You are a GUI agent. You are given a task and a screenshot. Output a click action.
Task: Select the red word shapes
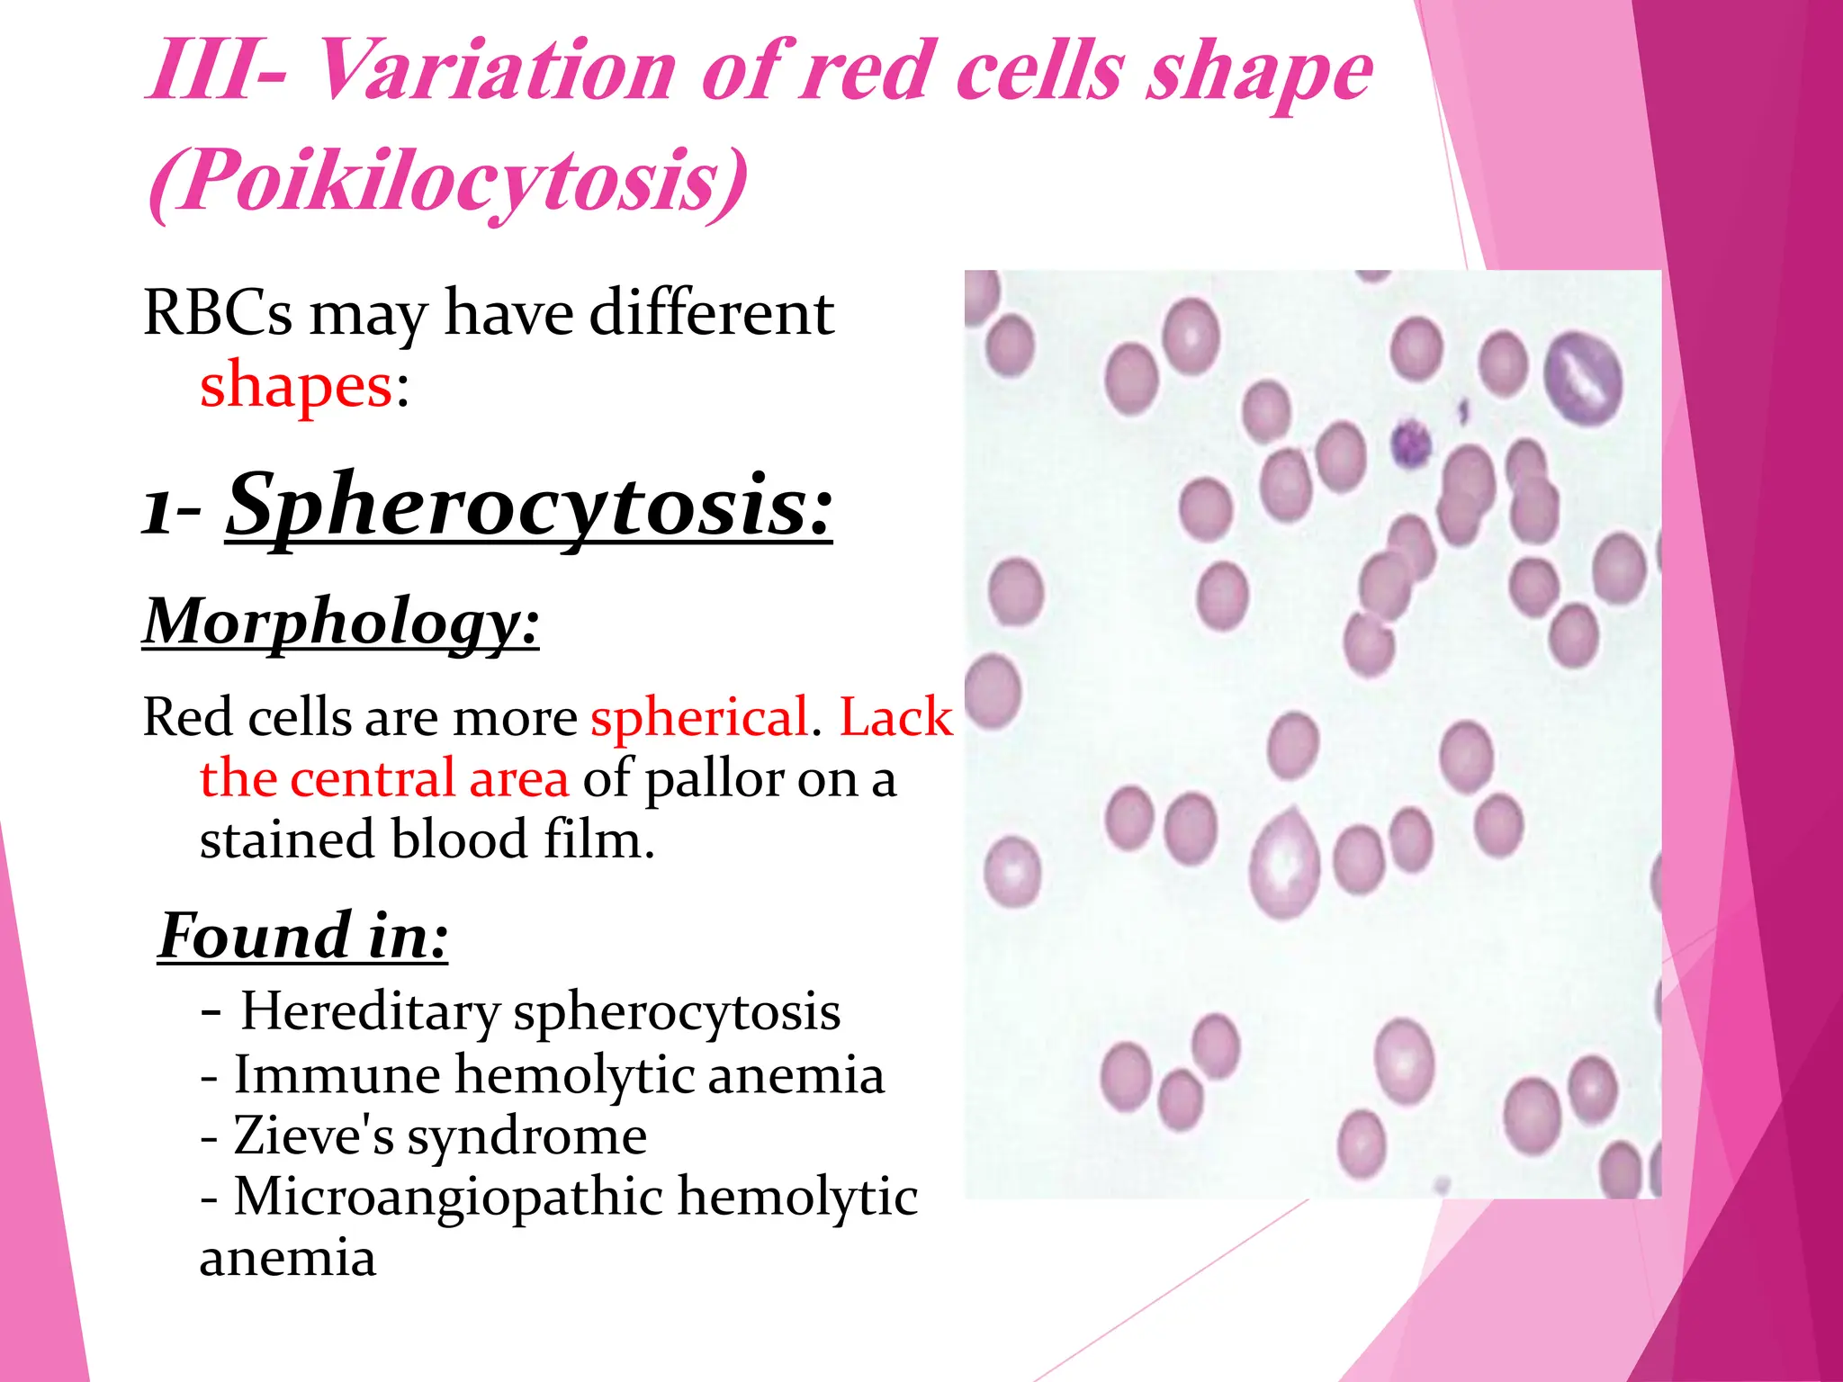296,385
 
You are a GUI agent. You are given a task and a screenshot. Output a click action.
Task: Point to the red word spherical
699,718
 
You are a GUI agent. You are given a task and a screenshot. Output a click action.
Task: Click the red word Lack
895,718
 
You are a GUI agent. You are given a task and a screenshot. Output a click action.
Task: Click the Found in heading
303,936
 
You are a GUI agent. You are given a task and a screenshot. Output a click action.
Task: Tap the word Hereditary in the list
370,1011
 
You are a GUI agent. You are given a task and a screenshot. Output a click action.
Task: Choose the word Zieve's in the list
314,1135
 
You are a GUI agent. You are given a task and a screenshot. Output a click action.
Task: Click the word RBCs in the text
218,313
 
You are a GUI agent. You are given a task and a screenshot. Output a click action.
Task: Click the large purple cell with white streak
1583,379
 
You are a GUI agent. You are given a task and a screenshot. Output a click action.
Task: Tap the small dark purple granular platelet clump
1410,444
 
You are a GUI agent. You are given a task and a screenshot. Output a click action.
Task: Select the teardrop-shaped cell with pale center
1284,866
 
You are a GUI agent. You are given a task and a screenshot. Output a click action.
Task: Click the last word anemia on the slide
287,1258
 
